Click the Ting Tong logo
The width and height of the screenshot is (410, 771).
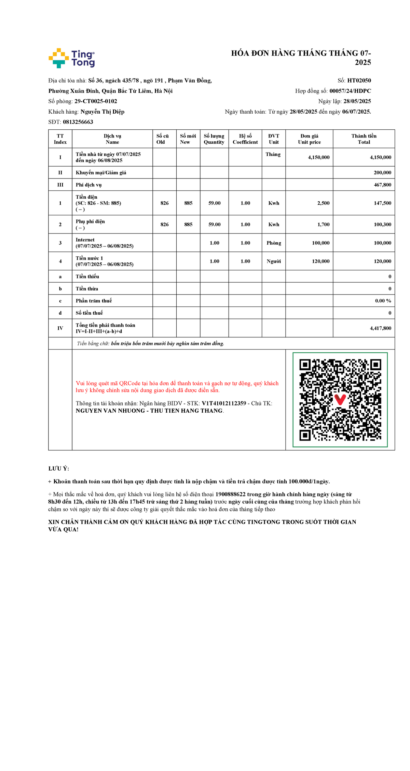(x=72, y=58)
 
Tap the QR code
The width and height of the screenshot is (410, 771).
(x=340, y=399)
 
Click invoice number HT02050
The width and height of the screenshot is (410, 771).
(x=359, y=81)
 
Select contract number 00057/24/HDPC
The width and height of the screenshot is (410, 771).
(x=350, y=91)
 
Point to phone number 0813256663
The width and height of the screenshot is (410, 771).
(x=78, y=122)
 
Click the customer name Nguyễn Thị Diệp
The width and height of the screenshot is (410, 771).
(x=102, y=112)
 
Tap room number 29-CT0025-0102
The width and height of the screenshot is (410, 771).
(x=96, y=101)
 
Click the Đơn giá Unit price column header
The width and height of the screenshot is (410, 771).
(x=309, y=139)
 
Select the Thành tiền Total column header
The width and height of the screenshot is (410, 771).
(x=364, y=139)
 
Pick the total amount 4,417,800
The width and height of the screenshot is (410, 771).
(x=380, y=328)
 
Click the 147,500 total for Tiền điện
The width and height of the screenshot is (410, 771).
(x=382, y=203)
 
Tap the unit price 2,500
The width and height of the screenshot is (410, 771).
(x=323, y=203)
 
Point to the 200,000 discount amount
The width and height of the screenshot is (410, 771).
(x=382, y=173)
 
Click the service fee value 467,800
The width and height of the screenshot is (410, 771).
(x=382, y=185)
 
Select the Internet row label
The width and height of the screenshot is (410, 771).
(x=85, y=240)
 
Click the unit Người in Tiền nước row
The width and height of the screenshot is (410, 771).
(x=274, y=261)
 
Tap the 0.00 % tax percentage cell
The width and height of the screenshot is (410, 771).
(x=383, y=301)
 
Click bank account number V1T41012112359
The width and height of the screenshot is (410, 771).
(x=224, y=403)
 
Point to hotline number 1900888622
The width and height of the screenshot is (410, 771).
(x=230, y=494)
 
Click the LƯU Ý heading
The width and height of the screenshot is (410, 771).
(x=59, y=469)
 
